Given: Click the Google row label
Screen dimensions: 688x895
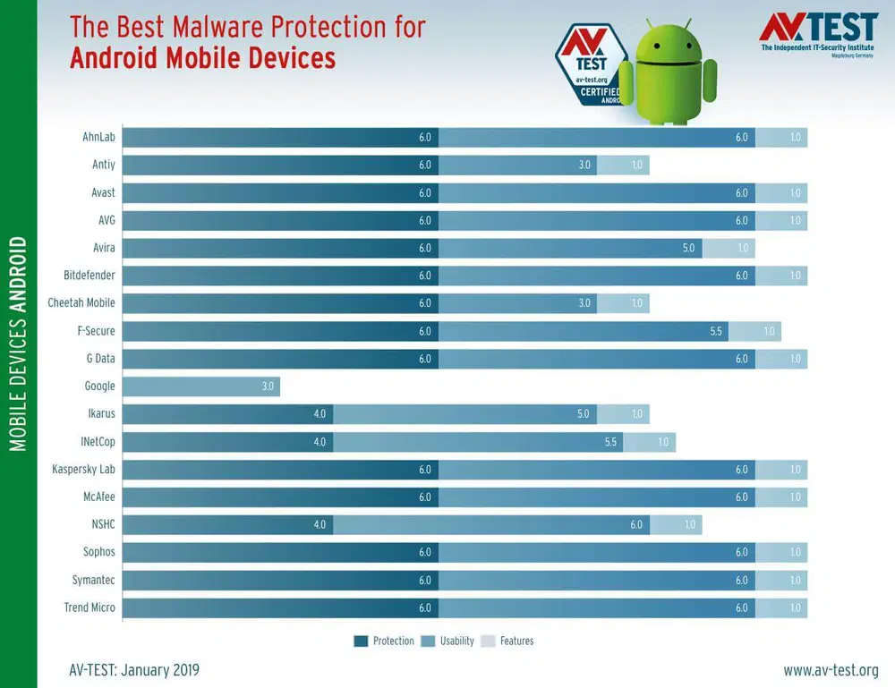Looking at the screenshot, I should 99,386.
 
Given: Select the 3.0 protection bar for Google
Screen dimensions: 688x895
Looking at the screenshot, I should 200,386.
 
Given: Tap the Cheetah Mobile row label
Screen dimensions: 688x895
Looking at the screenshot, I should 81,302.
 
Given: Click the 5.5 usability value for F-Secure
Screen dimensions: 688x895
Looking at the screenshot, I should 715,331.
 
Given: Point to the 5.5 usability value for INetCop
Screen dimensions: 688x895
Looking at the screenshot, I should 610,442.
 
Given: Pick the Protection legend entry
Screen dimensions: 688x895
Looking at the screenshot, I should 385,641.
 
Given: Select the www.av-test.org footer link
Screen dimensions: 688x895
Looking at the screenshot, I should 831,670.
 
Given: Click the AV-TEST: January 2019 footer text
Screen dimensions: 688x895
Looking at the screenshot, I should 134,670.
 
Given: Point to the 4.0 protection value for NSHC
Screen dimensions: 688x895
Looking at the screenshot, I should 320,524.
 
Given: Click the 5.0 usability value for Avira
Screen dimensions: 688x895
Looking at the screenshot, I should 688,248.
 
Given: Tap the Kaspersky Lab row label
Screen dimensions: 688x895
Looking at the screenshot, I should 83,469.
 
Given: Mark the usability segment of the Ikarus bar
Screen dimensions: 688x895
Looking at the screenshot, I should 465,413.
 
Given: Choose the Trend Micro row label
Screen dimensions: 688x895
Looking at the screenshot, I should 89,607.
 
